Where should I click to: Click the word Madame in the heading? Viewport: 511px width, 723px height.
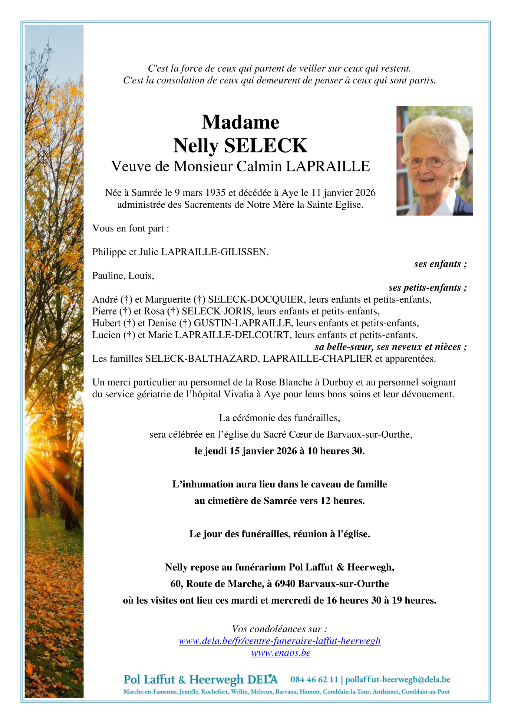(x=240, y=122)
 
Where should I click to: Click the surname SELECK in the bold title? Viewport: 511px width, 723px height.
(x=266, y=145)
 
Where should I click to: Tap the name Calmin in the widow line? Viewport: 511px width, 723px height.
(x=260, y=166)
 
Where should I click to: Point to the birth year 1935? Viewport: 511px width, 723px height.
(x=215, y=193)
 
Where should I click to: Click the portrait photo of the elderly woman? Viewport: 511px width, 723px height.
(x=434, y=161)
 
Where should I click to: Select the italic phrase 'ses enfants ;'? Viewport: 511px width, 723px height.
(x=440, y=264)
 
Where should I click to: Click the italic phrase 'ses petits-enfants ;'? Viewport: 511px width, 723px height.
(x=427, y=287)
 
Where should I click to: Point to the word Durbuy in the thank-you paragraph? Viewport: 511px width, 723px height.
(x=336, y=382)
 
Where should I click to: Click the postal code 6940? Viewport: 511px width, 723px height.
(x=285, y=584)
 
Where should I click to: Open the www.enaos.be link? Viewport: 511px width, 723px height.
(x=281, y=653)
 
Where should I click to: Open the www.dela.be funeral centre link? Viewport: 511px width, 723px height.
(x=280, y=641)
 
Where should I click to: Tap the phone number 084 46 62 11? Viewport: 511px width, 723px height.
(x=314, y=679)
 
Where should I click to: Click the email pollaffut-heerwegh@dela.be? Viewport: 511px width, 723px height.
(x=398, y=679)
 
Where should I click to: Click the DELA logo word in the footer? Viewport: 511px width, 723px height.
(x=262, y=679)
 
